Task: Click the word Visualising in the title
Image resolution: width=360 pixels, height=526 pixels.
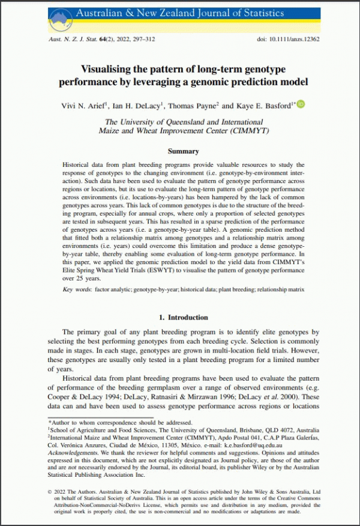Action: [x=108, y=70]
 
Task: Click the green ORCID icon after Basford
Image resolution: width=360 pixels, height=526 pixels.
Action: [x=301, y=104]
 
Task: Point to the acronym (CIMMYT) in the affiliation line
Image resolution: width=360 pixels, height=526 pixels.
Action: [x=245, y=130]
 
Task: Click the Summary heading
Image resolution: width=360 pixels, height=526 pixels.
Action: [x=183, y=151]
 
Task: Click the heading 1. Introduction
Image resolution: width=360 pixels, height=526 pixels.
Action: [x=183, y=317]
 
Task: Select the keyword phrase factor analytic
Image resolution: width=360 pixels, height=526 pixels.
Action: [x=115, y=289]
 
